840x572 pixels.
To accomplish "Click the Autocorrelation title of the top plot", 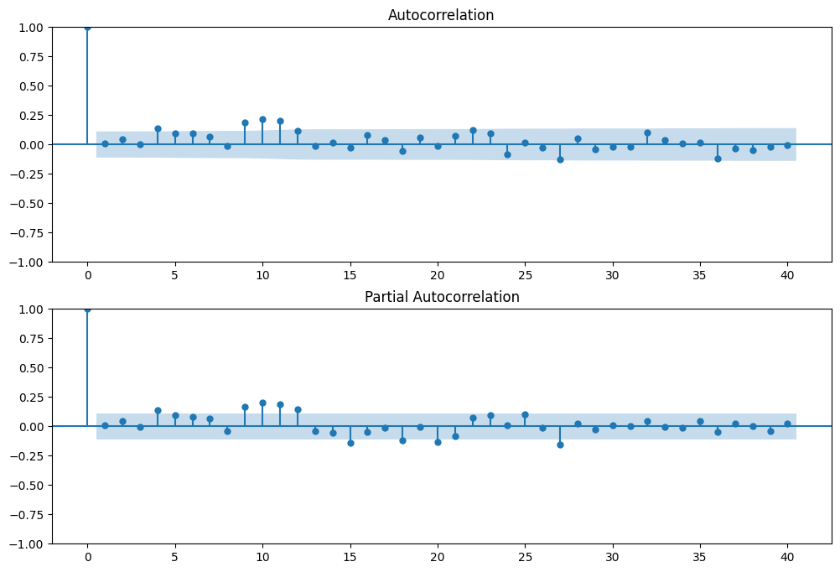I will pos(441,15).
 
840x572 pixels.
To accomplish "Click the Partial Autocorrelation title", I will pos(441,297).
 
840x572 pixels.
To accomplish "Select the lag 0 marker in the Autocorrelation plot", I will pos(87,27).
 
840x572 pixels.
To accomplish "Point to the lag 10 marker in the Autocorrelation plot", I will pos(262,119).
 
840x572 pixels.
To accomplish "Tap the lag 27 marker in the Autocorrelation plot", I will pos(560,159).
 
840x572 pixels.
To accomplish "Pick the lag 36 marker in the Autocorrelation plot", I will pos(718,159).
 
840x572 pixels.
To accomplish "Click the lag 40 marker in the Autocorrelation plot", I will pos(787,145).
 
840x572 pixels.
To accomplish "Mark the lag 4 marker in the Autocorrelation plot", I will pos(158,128).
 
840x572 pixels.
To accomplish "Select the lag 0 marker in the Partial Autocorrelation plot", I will pos(87,309).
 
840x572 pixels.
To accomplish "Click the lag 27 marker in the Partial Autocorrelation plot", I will pos(560,445).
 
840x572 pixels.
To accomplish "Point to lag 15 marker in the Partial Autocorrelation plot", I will pos(350,443).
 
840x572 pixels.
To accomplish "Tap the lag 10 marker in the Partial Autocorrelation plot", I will pos(262,403).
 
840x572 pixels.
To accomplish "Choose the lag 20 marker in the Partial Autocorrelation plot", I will pos(438,442).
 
